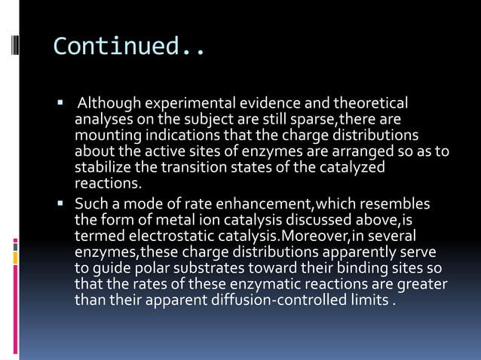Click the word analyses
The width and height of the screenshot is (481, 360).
pos(100,120)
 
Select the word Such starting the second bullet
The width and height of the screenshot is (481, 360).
pos(89,205)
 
